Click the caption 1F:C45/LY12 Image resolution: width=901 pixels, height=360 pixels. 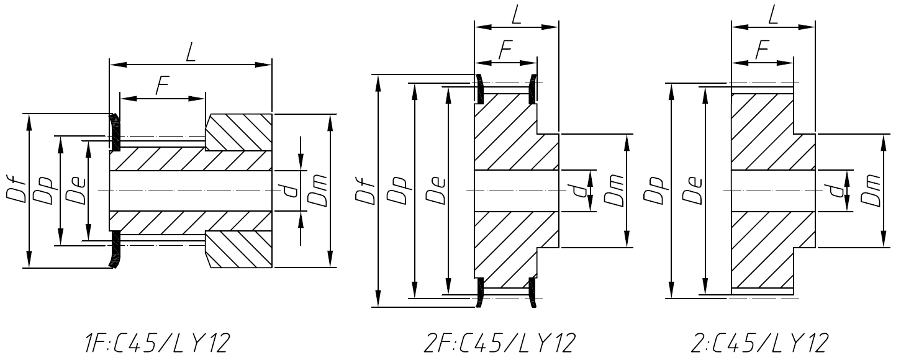click(158, 342)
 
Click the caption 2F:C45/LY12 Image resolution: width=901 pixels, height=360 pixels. click(500, 342)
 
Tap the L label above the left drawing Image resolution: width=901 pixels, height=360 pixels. click(191, 52)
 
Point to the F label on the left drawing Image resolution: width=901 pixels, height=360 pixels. click(162, 87)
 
